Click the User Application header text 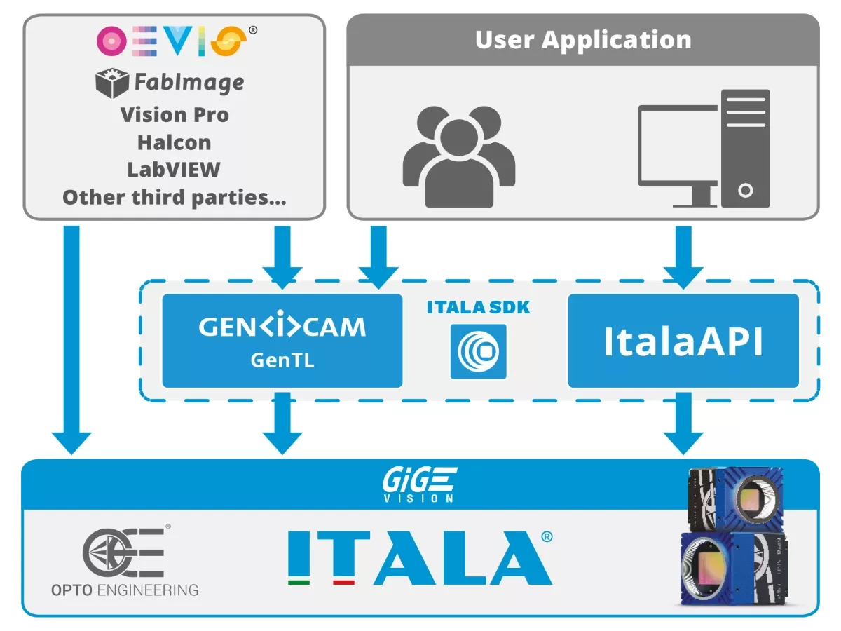click(x=583, y=40)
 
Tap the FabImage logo click(x=170, y=83)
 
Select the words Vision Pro click(x=175, y=114)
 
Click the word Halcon click(x=174, y=142)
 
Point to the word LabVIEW click(x=174, y=170)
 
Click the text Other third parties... click(x=175, y=197)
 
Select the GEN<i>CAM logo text click(x=282, y=327)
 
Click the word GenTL click(x=282, y=360)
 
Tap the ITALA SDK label click(x=478, y=307)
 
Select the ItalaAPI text click(x=683, y=341)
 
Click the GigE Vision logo click(x=420, y=484)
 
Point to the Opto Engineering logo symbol click(x=124, y=552)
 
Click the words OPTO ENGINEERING click(x=125, y=590)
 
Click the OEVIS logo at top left click(x=171, y=41)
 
